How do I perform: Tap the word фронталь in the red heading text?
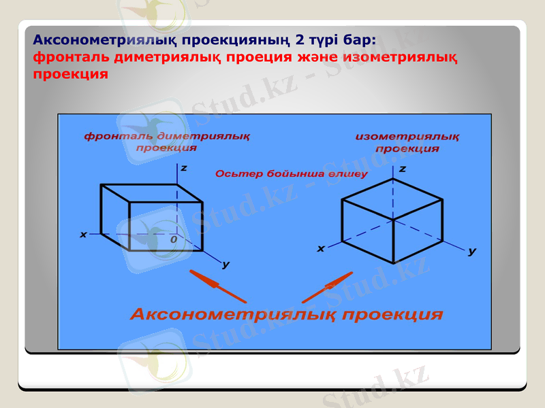click(70, 57)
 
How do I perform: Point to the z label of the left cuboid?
click(184, 167)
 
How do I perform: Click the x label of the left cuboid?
click(83, 234)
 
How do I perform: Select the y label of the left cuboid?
click(225, 264)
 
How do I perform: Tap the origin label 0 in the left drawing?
click(174, 239)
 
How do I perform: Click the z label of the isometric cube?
click(402, 169)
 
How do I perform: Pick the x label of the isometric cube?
click(320, 249)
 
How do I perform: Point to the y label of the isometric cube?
click(472, 251)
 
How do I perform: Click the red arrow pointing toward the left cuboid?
click(217, 286)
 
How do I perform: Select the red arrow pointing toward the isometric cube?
click(328, 287)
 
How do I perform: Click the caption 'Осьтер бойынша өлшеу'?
click(291, 174)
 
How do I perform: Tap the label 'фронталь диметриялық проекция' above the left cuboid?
click(167, 141)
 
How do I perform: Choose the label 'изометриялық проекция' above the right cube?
click(407, 143)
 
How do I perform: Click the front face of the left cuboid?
click(166, 226)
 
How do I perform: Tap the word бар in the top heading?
click(359, 39)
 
